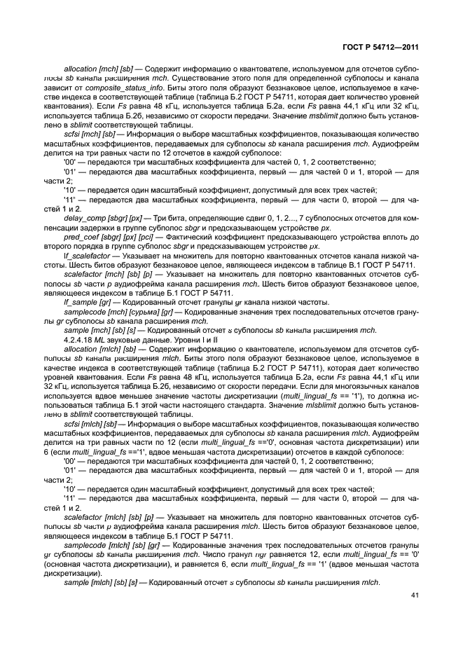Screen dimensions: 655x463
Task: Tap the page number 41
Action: pos(413,595)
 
